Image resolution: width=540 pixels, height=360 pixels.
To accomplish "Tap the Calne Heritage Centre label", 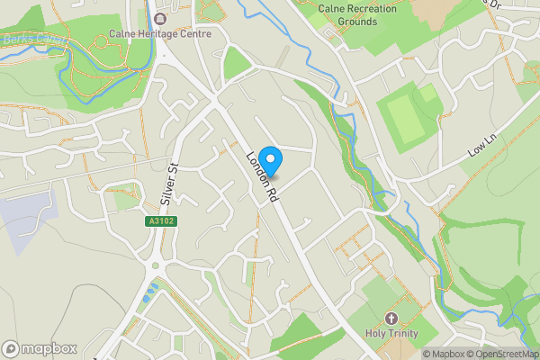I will tap(160, 34).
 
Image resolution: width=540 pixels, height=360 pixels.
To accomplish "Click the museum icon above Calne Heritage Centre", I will tap(160, 18).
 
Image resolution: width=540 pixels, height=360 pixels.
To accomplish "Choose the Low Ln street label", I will tap(482, 148).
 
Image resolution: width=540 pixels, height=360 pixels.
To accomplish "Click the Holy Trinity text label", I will tap(391, 333).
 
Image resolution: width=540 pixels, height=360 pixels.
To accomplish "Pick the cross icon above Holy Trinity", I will tap(391, 318).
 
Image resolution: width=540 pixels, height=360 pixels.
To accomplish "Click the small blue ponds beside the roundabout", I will tap(150, 291).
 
